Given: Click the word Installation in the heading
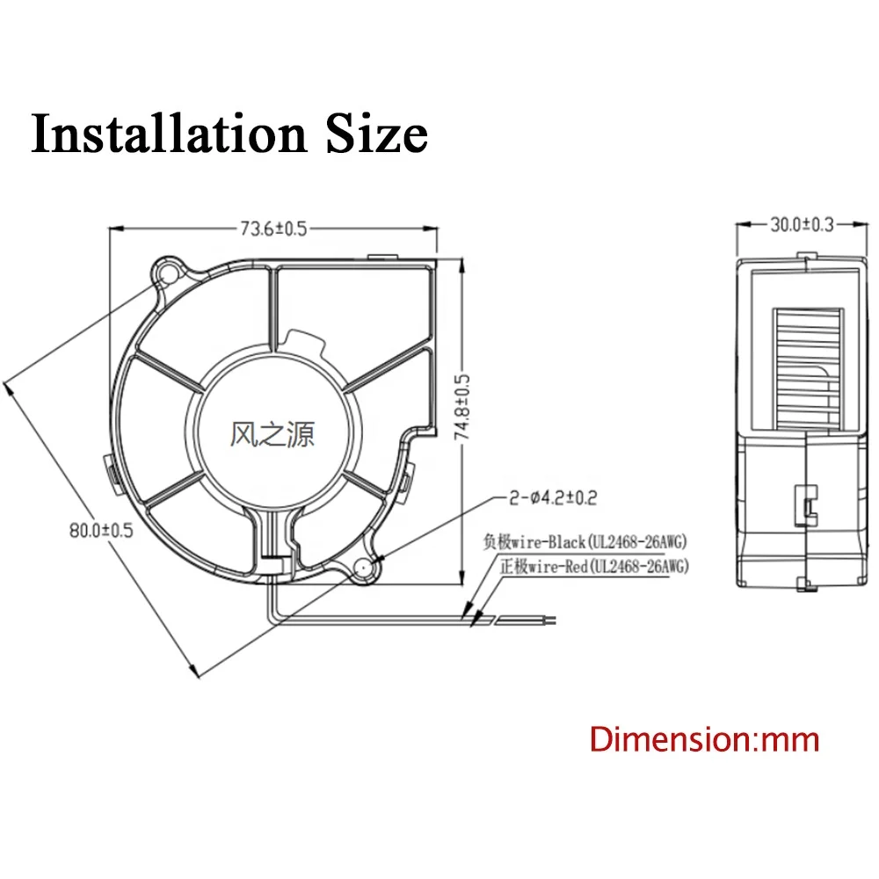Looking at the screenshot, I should click(167, 134).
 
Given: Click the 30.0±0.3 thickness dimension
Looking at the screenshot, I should click(802, 225).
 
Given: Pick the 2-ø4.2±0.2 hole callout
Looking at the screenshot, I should click(552, 498).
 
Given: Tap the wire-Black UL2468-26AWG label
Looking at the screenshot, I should click(584, 541).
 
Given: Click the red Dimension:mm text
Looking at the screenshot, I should click(704, 738).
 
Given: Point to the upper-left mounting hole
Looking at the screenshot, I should click(168, 272).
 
